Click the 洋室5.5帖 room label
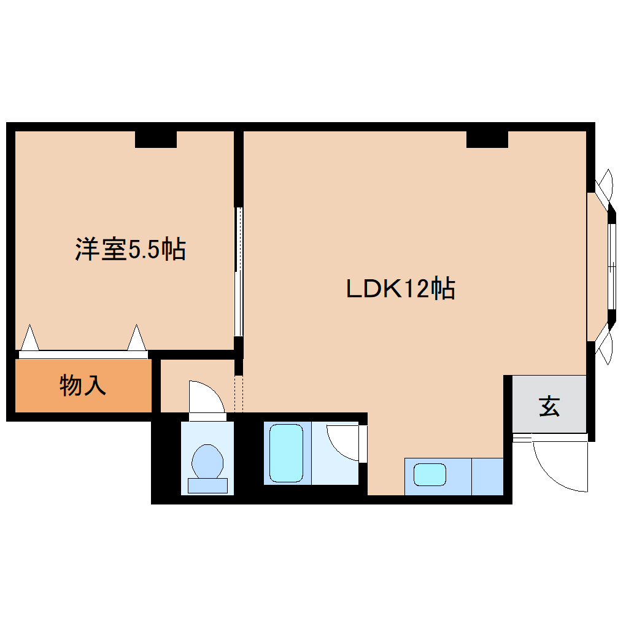[130, 249]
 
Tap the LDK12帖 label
[400, 288]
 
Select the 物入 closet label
[83, 386]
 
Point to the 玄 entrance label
[549, 406]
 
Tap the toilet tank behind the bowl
[207, 485]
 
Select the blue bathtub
[287, 454]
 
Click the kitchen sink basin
[430, 474]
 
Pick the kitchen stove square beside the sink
[487, 476]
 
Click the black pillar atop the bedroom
[156, 139]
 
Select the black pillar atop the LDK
[487, 139]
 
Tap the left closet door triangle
[29, 338]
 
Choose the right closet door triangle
[136, 338]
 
